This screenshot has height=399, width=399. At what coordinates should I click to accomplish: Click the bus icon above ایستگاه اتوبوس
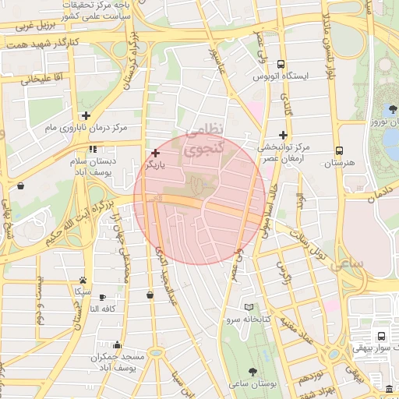coord(281,65)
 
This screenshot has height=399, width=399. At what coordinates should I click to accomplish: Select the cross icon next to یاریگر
coord(156,154)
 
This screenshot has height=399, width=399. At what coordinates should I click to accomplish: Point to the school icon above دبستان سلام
coord(93,149)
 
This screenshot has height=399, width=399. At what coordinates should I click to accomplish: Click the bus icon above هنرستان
coord(339,150)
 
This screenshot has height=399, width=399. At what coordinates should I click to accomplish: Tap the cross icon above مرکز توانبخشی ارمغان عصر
coord(283,135)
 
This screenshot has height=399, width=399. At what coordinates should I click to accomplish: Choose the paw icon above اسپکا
coord(83,280)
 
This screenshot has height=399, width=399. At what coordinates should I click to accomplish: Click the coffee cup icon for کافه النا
coord(102,297)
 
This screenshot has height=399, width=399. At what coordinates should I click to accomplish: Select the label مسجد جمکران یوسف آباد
coord(118,361)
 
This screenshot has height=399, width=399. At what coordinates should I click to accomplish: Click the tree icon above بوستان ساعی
coord(253,372)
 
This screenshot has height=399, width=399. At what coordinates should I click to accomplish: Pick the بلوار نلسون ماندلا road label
coord(327,39)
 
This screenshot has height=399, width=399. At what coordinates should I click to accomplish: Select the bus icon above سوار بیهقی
coord(380,336)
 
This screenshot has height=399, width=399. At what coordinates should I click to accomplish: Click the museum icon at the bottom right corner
coord(389,389)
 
